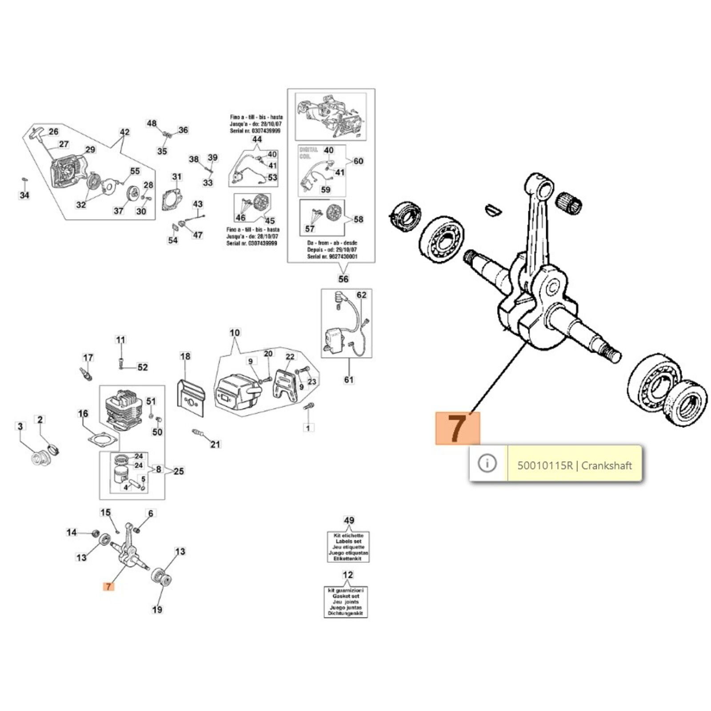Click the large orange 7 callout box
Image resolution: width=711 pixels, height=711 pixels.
[458, 428]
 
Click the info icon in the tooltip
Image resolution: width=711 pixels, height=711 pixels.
[487, 463]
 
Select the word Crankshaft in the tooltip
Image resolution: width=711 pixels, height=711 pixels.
[607, 466]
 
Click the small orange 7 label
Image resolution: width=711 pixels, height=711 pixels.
[108, 587]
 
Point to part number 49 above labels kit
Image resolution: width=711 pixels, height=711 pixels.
[349, 520]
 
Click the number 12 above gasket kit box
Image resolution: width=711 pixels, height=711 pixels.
[348, 575]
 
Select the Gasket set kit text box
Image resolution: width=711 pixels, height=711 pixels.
[345, 602]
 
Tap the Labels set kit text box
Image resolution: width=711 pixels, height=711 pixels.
[348, 547]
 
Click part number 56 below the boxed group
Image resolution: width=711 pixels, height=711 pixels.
[344, 279]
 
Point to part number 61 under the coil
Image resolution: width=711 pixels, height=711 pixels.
[349, 379]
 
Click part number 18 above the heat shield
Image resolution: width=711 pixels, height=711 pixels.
[185, 356]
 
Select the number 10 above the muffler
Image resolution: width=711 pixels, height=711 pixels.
[235, 332]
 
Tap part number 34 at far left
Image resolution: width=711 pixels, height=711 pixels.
[24, 195]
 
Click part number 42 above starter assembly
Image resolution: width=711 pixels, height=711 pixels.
[125, 132]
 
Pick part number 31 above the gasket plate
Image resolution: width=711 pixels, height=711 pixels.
[177, 177]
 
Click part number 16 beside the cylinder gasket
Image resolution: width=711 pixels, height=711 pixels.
[83, 414]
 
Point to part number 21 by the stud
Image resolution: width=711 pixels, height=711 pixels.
[216, 444]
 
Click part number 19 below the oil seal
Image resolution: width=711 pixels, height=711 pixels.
[157, 610]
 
